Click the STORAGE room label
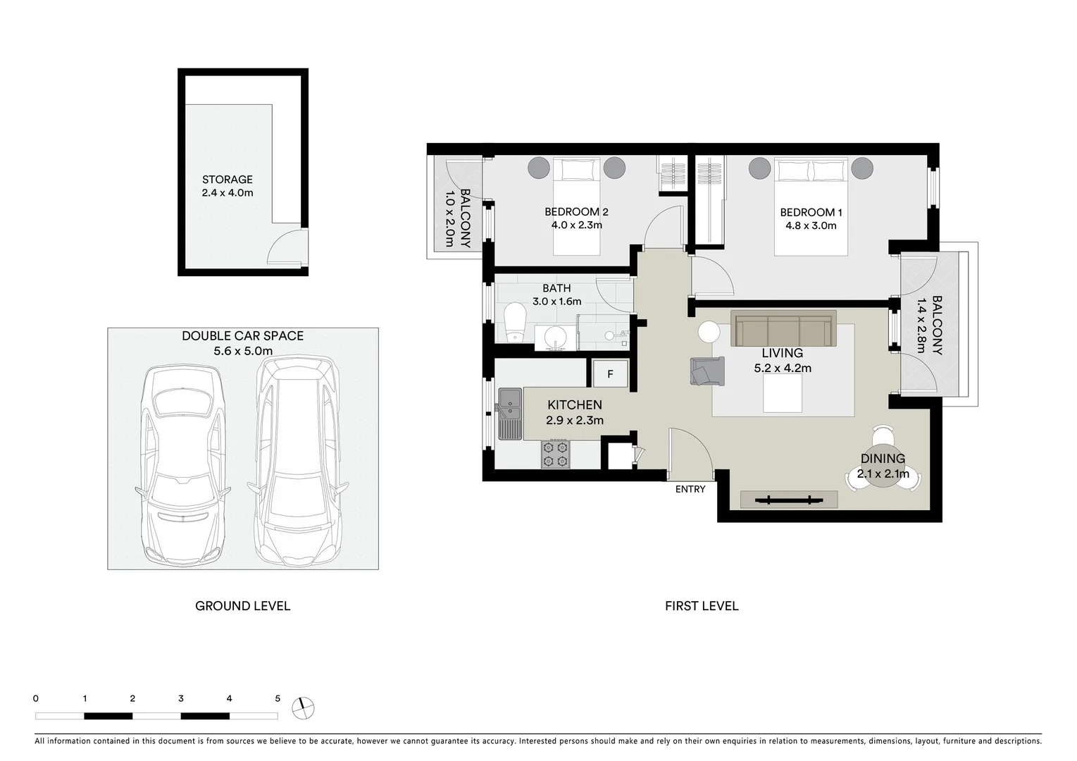(x=227, y=180)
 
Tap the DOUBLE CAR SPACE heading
(x=242, y=336)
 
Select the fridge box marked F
(x=610, y=374)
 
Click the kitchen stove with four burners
(x=555, y=454)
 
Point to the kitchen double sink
(x=509, y=414)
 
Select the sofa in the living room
(x=783, y=328)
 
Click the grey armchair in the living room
(x=706, y=371)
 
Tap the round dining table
(x=883, y=465)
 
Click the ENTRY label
(x=690, y=489)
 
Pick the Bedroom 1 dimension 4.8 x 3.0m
(x=811, y=226)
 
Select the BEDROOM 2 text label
(x=576, y=212)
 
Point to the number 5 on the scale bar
(x=278, y=699)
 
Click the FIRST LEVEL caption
(x=702, y=606)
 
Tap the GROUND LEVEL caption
(x=242, y=606)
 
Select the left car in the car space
(x=183, y=462)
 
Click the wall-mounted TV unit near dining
(x=789, y=500)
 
